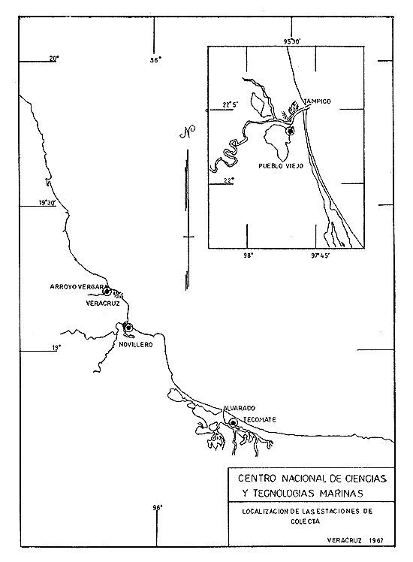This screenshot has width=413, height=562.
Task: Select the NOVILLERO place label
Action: (x=135, y=343)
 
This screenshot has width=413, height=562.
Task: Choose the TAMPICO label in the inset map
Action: (x=318, y=101)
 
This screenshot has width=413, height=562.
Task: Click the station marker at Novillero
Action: (x=128, y=328)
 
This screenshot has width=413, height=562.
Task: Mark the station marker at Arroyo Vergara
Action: (x=107, y=291)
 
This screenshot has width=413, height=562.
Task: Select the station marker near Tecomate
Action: (x=234, y=424)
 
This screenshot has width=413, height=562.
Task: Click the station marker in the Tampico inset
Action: (x=290, y=131)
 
